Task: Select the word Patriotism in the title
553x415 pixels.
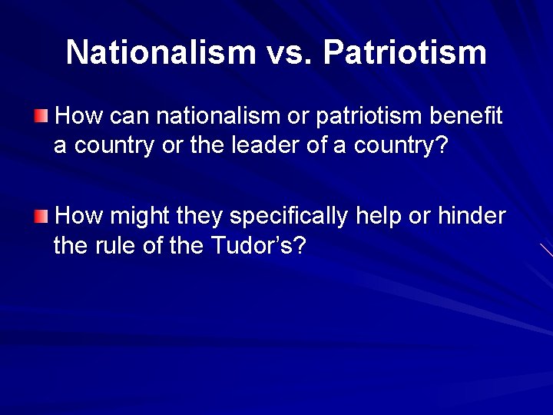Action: tap(405, 52)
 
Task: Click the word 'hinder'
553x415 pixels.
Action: tap(472, 217)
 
